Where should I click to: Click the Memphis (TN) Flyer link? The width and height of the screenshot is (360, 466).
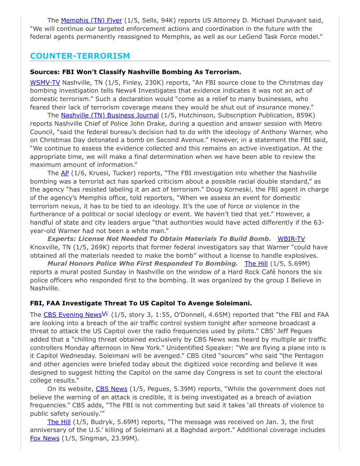(91, 20)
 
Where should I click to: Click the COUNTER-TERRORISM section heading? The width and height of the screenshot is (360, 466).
(80, 56)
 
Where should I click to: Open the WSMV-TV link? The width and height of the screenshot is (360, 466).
(45, 83)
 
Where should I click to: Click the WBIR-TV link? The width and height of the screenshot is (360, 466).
(291, 239)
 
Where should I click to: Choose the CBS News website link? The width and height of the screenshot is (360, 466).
(111, 389)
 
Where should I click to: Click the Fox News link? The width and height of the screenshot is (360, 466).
(45, 438)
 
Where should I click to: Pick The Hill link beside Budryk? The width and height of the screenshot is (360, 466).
(59, 422)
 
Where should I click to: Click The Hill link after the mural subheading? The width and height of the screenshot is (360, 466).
(256, 263)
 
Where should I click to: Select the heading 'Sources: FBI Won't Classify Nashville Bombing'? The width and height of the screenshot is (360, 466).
(135, 71)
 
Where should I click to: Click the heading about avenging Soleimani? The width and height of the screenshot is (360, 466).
(141, 303)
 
